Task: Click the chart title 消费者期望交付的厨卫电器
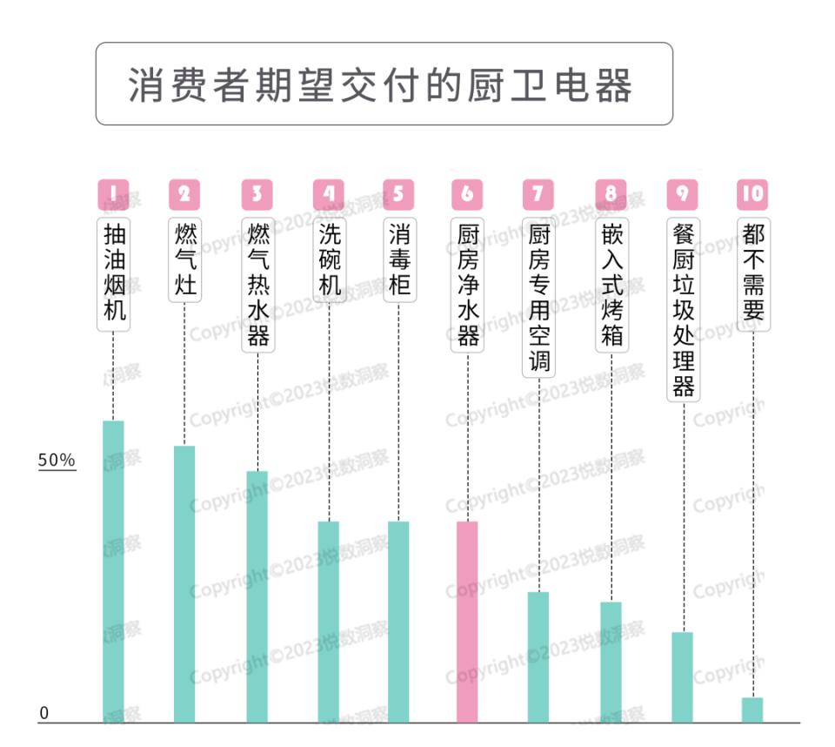coord(383,84)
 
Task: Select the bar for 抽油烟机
coord(113,571)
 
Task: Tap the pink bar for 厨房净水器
coord(467,622)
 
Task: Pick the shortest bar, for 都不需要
coord(752,710)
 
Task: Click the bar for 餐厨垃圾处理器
coord(683,676)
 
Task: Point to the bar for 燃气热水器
coord(257,596)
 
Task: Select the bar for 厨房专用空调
coord(538,656)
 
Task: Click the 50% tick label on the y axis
coord(57,461)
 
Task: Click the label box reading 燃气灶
coord(185,259)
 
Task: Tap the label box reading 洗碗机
coord(329,259)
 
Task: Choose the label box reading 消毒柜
coord(399,259)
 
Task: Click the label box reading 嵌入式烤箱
coord(611,284)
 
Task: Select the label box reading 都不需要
coord(753,272)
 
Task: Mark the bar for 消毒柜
coord(398,622)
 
